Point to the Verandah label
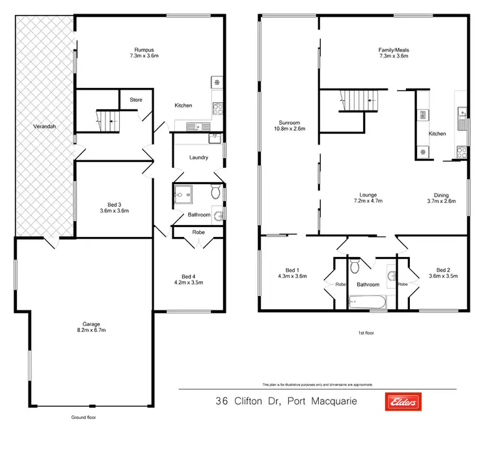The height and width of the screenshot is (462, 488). [x=43, y=128]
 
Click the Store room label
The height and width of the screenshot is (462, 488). [x=135, y=100]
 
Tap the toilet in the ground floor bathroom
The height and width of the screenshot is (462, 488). [x=215, y=193]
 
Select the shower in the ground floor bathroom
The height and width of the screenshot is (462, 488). [x=182, y=193]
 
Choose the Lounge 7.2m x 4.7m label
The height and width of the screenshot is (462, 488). [x=368, y=197]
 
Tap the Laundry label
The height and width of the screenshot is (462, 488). [x=198, y=157]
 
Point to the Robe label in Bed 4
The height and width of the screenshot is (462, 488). [x=199, y=232]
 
